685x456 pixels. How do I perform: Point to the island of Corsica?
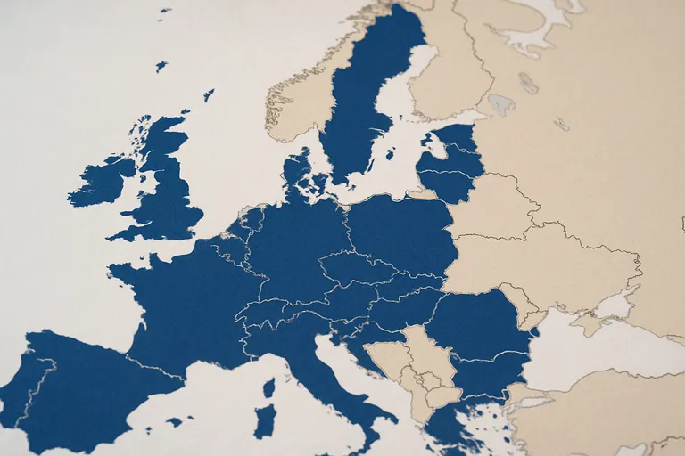pos(268,387)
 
